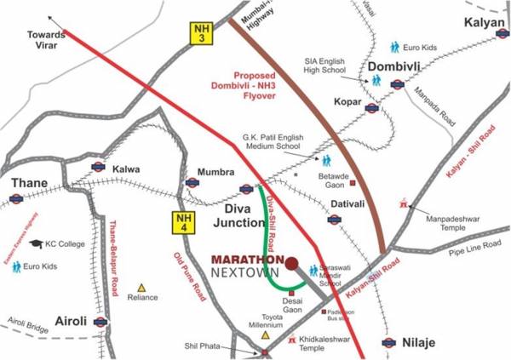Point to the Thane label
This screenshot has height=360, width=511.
coord(29,182)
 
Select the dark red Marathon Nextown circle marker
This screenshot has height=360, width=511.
coord(291,263)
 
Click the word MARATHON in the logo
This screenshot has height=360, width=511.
coord(248,259)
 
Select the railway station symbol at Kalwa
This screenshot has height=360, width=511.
coord(97,168)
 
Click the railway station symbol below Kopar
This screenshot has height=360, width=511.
coord(370,107)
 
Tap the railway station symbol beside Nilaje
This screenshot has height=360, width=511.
coord(388,343)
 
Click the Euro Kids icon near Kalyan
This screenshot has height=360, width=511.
coord(395,47)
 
